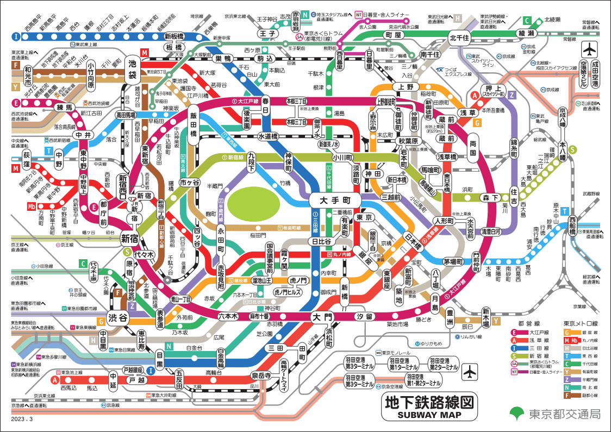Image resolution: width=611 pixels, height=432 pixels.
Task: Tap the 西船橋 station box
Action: pos(572,225)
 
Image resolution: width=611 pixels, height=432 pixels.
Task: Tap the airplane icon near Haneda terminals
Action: pos(469,373)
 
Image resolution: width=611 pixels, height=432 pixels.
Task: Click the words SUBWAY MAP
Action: pos(429,415)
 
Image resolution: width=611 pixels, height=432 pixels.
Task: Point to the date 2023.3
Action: pos(22,419)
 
